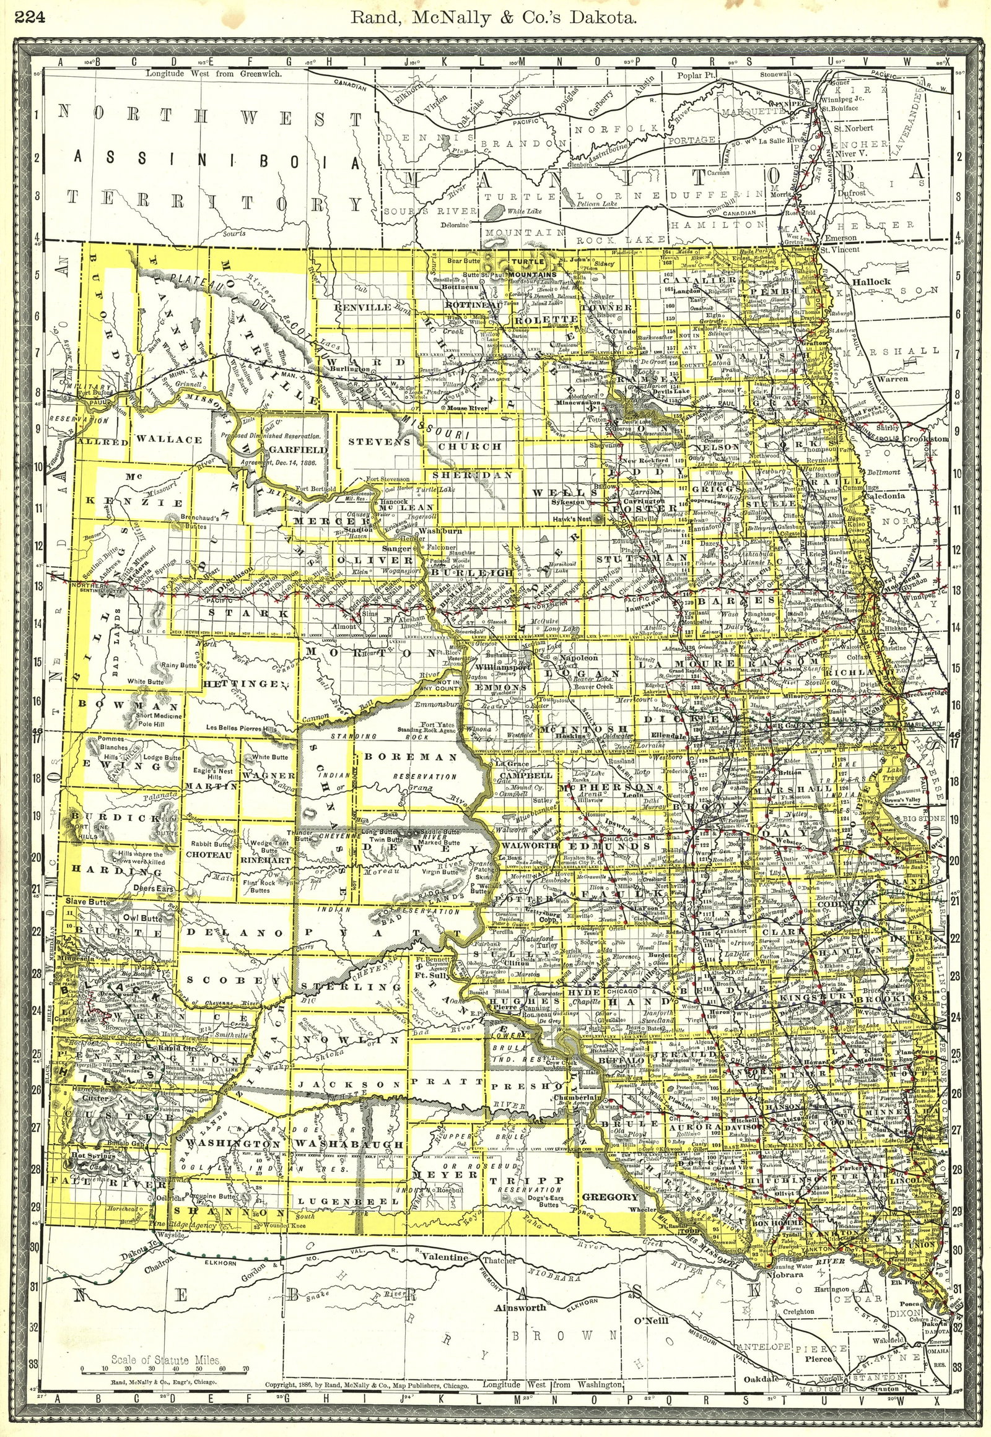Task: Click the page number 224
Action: pyautogui.click(x=28, y=18)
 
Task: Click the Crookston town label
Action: pyautogui.click(x=926, y=439)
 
